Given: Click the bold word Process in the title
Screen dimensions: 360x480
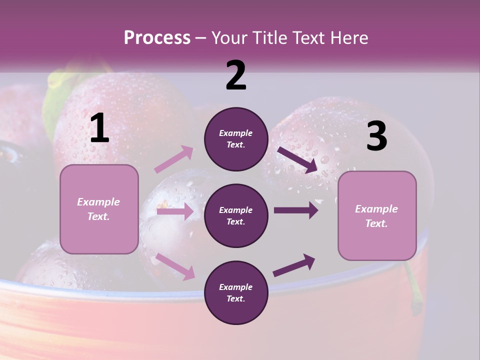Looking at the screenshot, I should click(157, 38).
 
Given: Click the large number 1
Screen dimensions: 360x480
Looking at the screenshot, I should click(99, 128).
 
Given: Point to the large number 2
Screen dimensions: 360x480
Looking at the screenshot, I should click(236, 75).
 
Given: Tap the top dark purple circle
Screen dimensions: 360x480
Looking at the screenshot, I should click(236, 139).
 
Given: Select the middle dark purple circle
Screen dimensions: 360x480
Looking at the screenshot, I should click(236, 215).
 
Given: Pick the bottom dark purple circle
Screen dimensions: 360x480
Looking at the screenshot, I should click(236, 292).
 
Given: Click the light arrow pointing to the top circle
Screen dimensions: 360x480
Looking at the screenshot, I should click(174, 159).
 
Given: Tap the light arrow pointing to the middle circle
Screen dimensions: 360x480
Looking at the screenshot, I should click(175, 211).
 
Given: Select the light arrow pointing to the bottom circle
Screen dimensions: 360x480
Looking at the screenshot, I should click(175, 266).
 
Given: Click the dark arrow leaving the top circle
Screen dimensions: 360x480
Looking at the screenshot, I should click(297, 159).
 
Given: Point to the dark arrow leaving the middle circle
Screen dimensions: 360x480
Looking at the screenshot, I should click(295, 210).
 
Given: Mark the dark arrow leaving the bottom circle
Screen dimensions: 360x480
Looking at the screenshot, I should click(294, 265).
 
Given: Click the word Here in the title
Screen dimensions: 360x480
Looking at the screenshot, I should click(348, 38).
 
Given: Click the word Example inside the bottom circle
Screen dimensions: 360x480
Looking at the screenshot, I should click(236, 287).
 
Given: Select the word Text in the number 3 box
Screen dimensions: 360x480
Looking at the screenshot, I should click(376, 223).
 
